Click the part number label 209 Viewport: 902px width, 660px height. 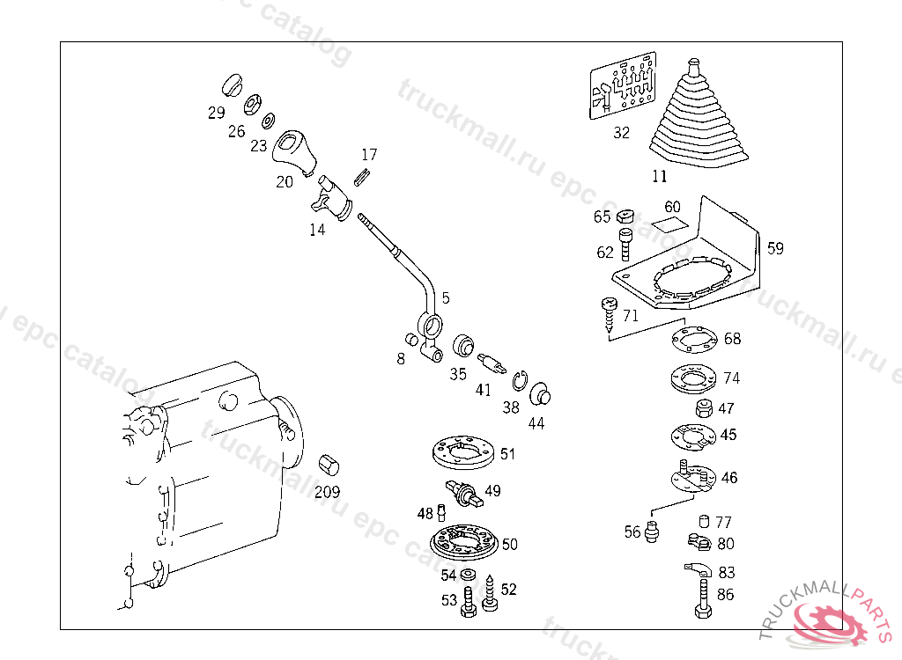pos(328,493)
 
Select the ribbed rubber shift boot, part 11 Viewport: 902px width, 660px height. pos(697,119)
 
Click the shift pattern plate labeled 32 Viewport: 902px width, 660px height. pos(622,88)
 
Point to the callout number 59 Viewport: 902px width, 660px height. pos(774,248)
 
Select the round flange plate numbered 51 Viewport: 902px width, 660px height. pos(461,454)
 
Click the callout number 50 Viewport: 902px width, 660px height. pos(509,545)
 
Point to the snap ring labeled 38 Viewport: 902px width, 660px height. pos(520,381)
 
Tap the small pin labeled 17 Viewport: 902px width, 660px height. pos(361,174)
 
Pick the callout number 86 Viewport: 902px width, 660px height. pos(725,595)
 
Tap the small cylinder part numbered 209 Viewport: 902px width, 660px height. pos(330,465)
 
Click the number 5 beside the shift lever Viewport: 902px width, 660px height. pos(446,297)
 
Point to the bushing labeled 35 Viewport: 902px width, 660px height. pos(463,345)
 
